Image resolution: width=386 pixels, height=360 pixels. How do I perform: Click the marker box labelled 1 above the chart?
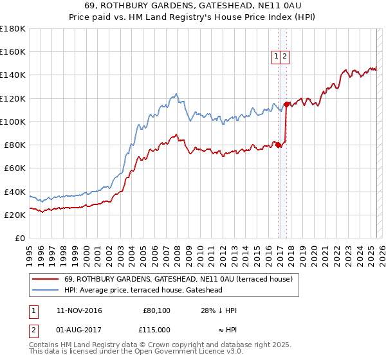coord(276,57)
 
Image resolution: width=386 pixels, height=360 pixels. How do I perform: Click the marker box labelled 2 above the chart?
coord(284,57)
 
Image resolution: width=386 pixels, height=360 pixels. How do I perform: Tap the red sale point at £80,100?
coord(279,145)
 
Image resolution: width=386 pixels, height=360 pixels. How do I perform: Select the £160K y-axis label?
coord(14,52)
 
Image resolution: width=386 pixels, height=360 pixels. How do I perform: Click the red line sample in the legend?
coord(46,279)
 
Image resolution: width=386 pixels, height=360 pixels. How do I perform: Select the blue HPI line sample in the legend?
coord(46,290)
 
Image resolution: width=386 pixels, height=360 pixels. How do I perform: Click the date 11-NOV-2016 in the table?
coord(79,310)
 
